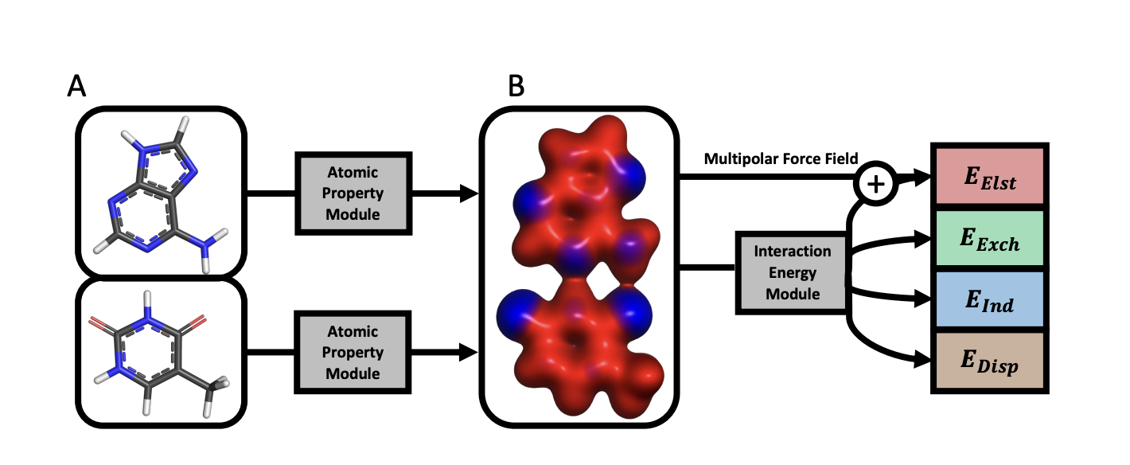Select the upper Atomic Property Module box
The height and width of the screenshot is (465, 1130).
coord(353,193)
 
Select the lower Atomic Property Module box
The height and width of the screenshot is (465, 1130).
coord(353,352)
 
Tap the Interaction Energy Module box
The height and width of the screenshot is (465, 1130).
coord(792,273)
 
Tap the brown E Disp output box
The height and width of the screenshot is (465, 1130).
coord(990,362)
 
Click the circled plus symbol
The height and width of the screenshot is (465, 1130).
coord(875,184)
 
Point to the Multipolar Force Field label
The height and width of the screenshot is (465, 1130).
coord(781,160)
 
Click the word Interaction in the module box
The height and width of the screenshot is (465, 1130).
coord(792,252)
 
